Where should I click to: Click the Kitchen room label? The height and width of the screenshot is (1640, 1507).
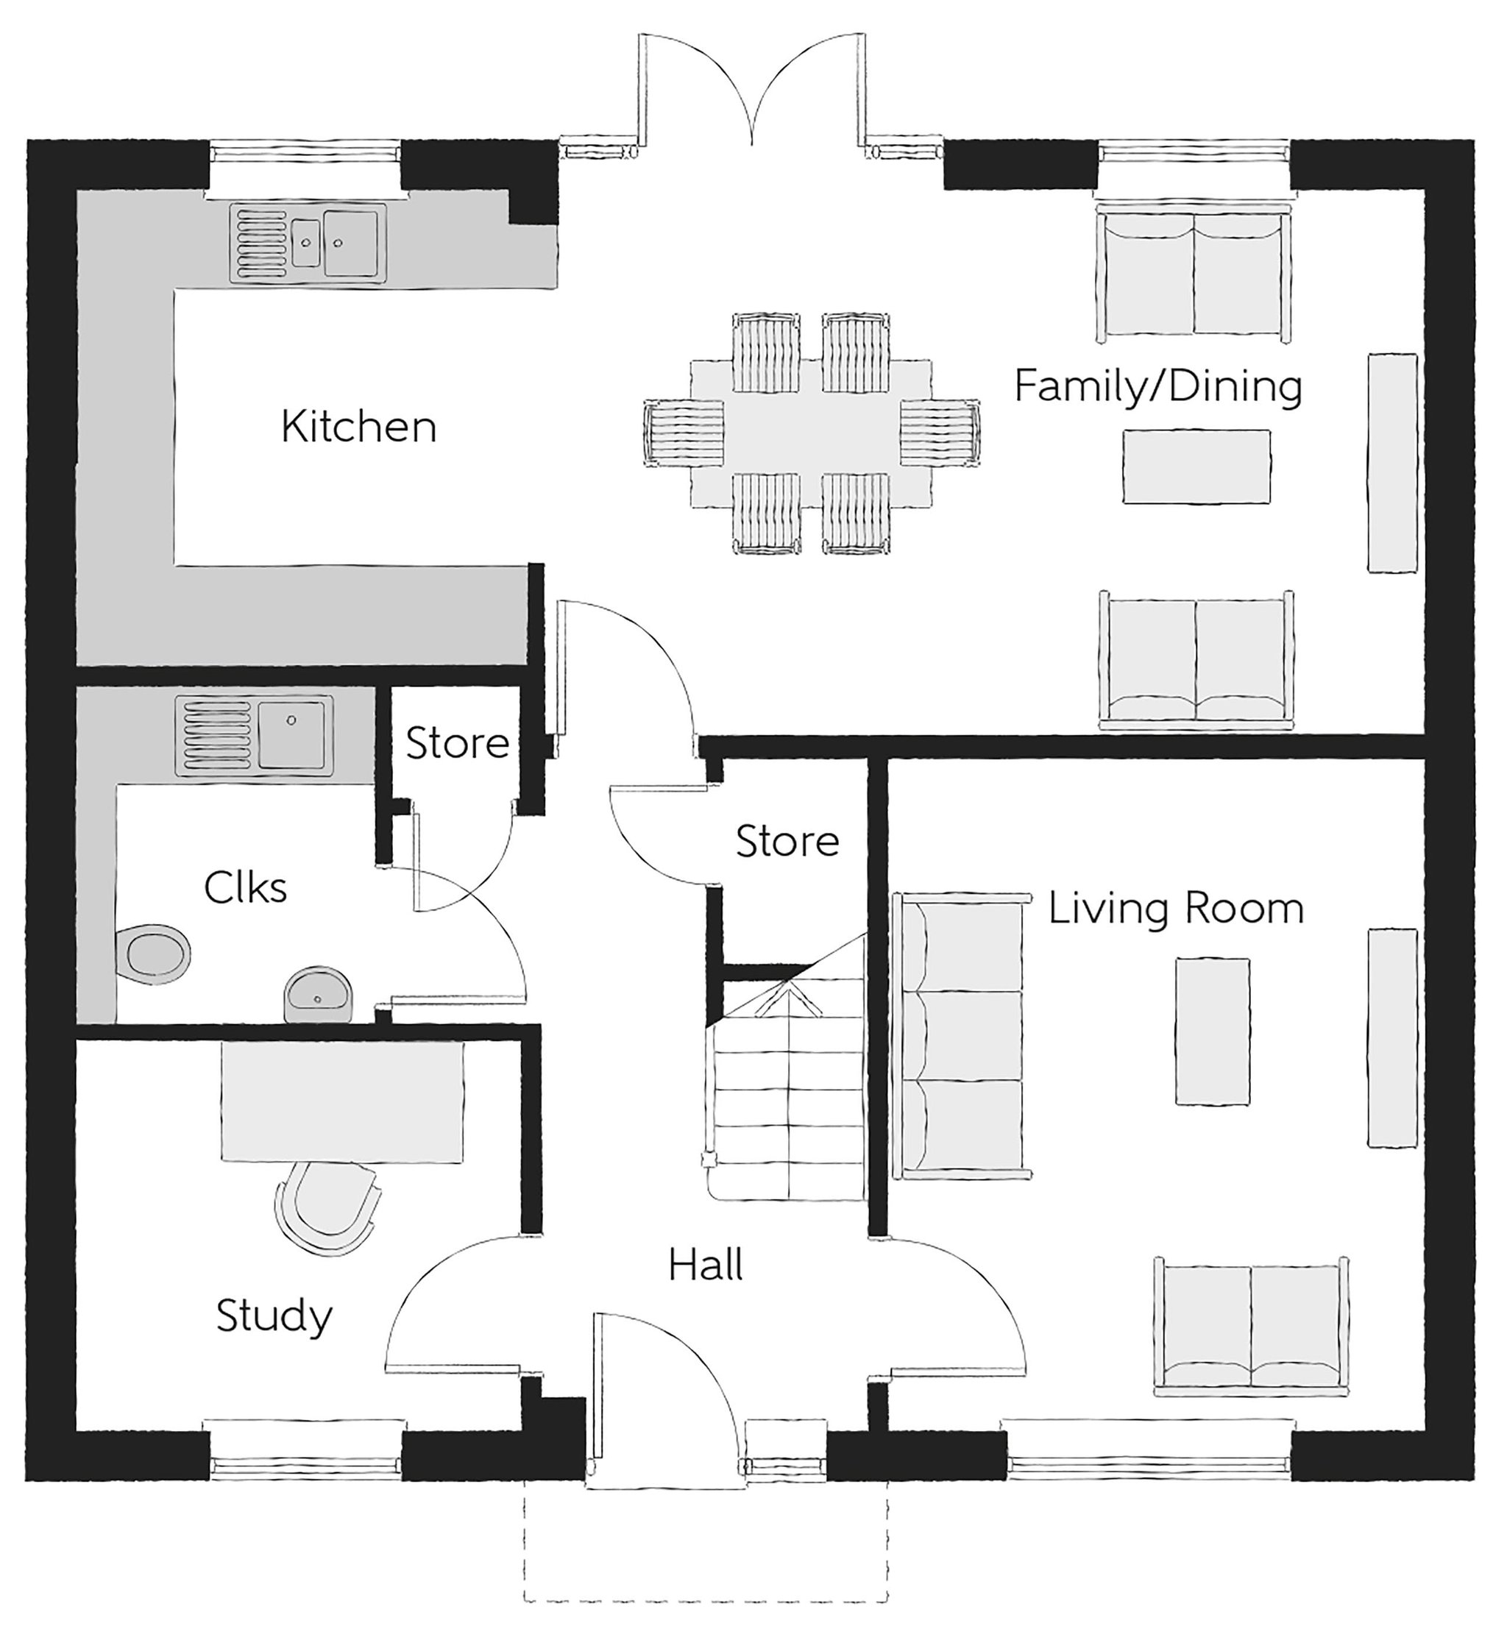point(359,427)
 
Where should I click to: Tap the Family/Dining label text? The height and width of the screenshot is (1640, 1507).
point(1158,386)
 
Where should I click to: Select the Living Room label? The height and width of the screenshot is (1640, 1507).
point(1176,908)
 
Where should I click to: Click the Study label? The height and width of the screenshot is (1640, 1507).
point(274,1316)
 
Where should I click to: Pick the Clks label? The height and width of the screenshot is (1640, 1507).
point(246,887)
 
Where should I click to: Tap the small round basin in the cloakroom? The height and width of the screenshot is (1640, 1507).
point(319,994)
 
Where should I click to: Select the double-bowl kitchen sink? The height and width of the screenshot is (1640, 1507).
point(308,243)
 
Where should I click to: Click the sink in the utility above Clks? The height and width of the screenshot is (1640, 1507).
point(254,736)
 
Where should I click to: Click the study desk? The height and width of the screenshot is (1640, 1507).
point(342,1101)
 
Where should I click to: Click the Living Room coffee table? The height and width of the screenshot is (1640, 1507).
point(1212,1032)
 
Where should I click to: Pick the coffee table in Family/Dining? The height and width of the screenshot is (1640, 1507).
point(1196,466)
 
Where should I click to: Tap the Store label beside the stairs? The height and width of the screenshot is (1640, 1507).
point(787,841)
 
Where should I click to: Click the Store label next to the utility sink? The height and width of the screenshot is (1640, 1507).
point(458,743)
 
